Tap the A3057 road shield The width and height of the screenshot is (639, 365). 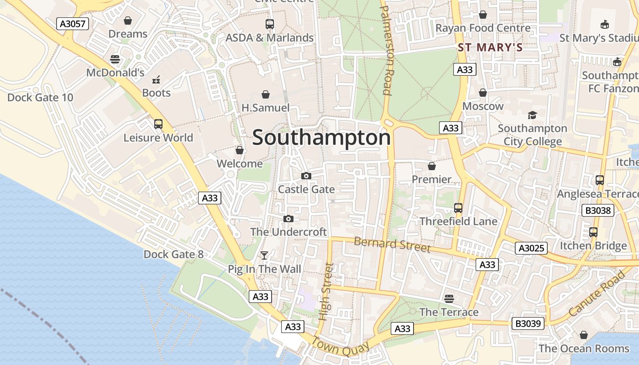point(73,24)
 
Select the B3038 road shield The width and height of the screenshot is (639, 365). point(597,210)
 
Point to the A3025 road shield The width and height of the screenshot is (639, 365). point(531,248)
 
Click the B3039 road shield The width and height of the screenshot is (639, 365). point(528,323)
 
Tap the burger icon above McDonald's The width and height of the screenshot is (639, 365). point(115,59)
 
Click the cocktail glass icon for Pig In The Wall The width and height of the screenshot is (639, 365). point(264,255)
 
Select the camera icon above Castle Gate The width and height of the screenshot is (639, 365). point(306,176)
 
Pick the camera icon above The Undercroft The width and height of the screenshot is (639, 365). point(288,219)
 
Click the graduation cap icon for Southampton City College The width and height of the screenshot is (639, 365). point(532,115)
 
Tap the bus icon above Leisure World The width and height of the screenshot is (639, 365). point(158,124)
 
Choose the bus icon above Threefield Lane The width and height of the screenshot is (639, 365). point(458,208)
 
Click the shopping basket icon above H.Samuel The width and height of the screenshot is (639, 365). point(265,94)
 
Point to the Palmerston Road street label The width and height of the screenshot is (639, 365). point(386,50)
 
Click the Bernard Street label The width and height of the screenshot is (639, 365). point(392,245)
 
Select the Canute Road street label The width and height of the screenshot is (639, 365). point(597,293)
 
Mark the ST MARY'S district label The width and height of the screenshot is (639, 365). point(490,47)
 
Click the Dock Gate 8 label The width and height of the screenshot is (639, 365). point(173,254)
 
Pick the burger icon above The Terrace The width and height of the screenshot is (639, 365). point(449,298)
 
